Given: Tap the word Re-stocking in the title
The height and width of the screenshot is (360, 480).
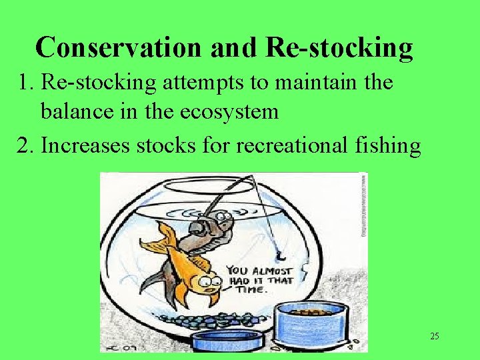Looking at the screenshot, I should click(339, 47).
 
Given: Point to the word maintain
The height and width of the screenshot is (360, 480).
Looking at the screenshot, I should click(315, 83).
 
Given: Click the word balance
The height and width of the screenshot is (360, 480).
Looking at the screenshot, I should click(79, 111).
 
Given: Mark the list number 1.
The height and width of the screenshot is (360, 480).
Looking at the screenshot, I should click(25, 83).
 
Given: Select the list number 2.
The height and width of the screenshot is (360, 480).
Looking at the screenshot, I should click(25, 144).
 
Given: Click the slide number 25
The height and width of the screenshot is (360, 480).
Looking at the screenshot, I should click(434, 336).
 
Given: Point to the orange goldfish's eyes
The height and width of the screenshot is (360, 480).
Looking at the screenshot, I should click(210, 282).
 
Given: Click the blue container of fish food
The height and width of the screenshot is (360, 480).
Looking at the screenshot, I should click(312, 324).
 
